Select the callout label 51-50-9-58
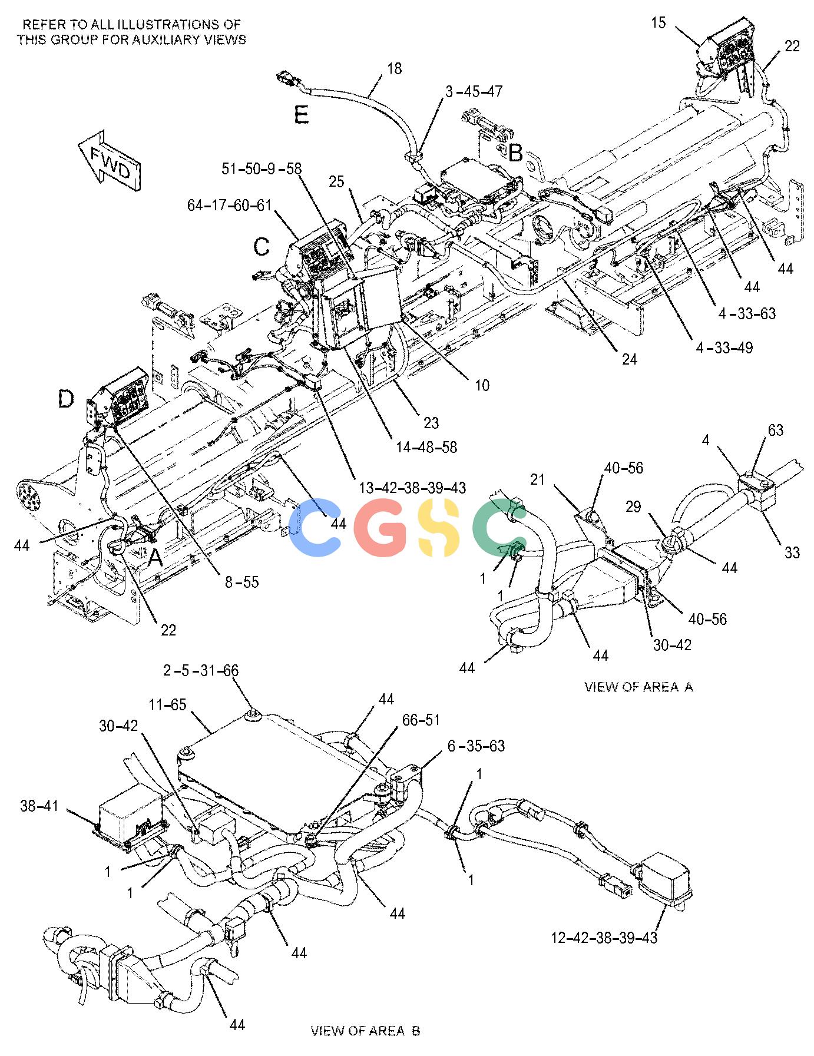tap(262, 169)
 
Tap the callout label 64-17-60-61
tap(230, 206)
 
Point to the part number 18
tap(395, 69)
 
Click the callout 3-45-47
tap(474, 91)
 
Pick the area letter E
tap(302, 114)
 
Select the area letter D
tap(66, 400)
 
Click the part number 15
tap(659, 23)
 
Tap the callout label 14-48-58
tap(427, 448)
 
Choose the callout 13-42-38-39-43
tap(413, 488)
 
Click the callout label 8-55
tap(242, 582)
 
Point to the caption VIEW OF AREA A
tap(638, 687)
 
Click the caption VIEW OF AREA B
tap(365, 1031)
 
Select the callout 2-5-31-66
tap(201, 671)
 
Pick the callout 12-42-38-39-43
tap(604, 937)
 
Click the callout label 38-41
tap(39, 806)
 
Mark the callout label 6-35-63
tap(476, 746)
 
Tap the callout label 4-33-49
tap(724, 348)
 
